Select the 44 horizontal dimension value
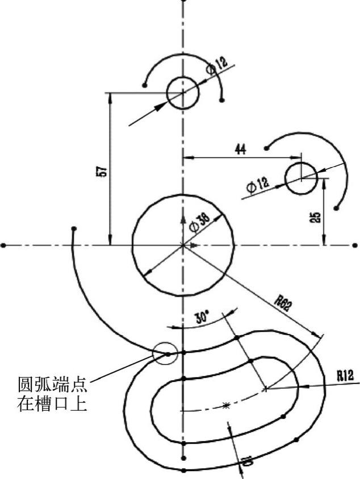click(240, 149)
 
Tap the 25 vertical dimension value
click(316, 216)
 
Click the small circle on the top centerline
click(182, 92)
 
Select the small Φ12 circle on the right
click(302, 178)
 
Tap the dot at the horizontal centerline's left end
click(4, 245)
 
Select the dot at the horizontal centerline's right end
click(355, 245)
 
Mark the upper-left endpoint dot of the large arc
click(74, 230)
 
